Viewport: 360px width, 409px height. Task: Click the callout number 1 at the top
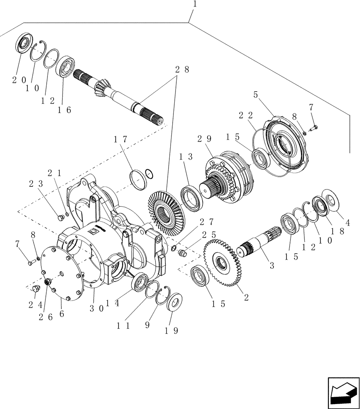(195, 5)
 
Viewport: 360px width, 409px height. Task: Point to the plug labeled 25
(183, 255)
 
